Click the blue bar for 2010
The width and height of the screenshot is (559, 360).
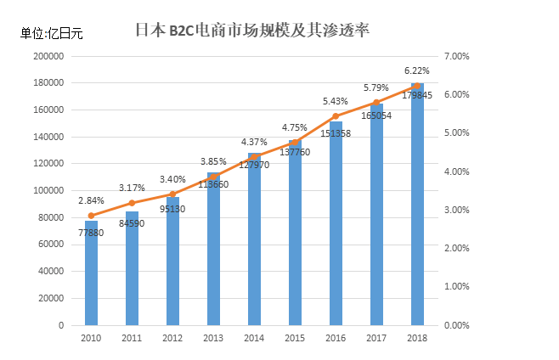click(91, 273)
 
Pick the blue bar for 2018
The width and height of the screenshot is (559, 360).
click(417, 205)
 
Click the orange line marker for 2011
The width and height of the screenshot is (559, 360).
click(132, 203)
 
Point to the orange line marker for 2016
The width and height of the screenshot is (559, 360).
click(336, 116)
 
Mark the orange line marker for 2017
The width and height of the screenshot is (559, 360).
click(376, 103)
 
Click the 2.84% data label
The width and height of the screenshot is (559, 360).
click(91, 200)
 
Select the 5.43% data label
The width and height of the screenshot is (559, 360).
click(336, 101)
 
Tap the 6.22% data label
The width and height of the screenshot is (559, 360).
click(416, 71)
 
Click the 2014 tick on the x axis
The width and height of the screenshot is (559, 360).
click(254, 338)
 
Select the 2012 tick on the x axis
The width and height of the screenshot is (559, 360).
click(172, 338)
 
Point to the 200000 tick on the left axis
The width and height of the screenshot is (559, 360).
click(48, 56)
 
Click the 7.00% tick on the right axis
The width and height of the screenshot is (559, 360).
click(456, 56)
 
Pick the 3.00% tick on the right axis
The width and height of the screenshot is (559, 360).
click(456, 210)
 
